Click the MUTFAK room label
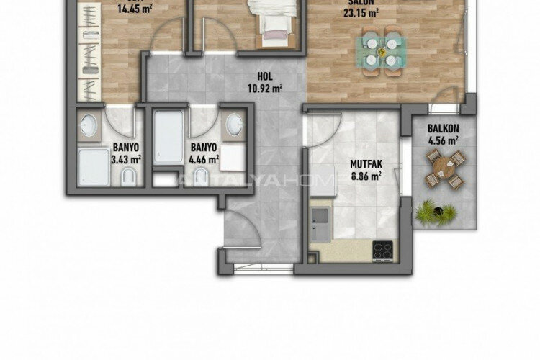click(x=365, y=163)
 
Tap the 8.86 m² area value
click(x=365, y=174)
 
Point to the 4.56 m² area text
click(x=443, y=140)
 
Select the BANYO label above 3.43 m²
click(x=125, y=146)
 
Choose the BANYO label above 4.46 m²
click(x=204, y=146)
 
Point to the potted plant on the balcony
click(x=436, y=211)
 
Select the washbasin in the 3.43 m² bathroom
click(x=88, y=126)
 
